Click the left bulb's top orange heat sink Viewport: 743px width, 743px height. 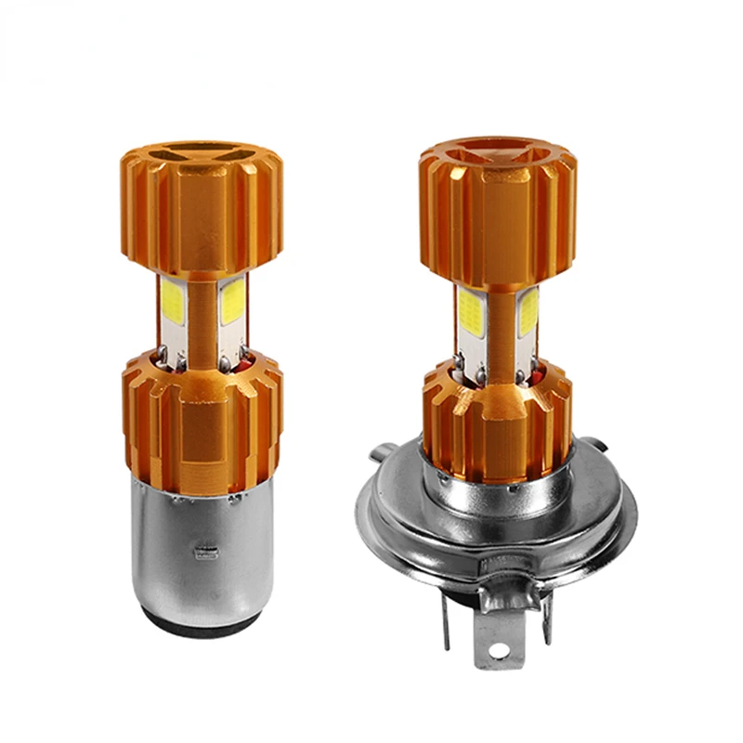[201, 214]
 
